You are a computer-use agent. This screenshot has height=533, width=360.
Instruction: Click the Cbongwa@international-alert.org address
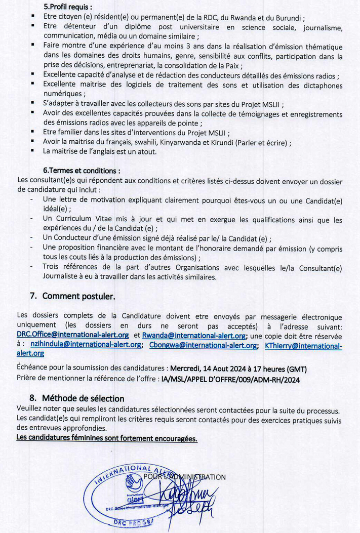click(203, 345)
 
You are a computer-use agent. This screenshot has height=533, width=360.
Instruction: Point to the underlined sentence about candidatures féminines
click(106, 437)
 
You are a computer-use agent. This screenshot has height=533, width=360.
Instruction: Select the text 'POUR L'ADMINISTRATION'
click(184, 476)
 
